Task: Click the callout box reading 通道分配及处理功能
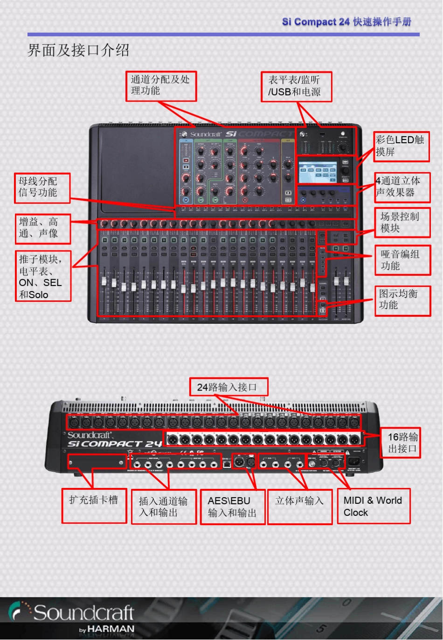(x=161, y=86)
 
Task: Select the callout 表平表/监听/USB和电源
(x=296, y=86)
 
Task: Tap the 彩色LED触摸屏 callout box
(x=401, y=146)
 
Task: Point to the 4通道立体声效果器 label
(x=402, y=187)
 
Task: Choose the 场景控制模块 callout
(x=402, y=223)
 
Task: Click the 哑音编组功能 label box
(x=402, y=260)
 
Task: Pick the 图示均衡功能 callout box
(x=402, y=300)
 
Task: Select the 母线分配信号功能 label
(x=42, y=188)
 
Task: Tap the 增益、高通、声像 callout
(x=42, y=229)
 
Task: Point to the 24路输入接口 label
(x=228, y=387)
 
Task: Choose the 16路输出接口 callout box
(x=401, y=443)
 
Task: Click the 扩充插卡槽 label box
(x=94, y=506)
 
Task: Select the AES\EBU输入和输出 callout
(x=233, y=507)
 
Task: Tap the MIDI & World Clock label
(x=374, y=506)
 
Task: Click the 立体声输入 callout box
(x=299, y=507)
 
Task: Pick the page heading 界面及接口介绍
(x=78, y=50)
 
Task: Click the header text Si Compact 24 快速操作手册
(x=346, y=22)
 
